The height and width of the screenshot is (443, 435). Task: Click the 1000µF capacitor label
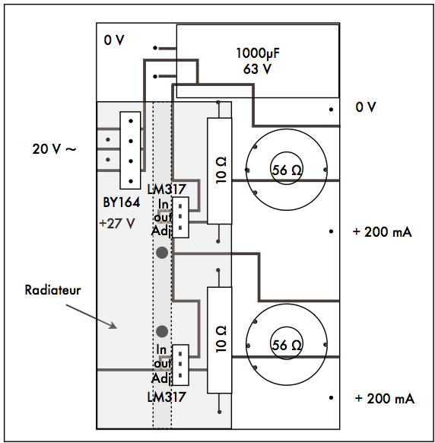coord(258,53)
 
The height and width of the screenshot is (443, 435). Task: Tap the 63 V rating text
coord(258,69)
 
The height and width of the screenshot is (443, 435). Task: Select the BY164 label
coord(122,202)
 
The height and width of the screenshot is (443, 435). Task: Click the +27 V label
coord(117,224)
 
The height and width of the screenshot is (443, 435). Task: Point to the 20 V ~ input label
coord(54,149)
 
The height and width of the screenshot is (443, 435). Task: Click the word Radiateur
coord(52,290)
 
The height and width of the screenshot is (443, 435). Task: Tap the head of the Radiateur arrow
coord(116,328)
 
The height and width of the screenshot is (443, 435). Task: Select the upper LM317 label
coord(167,190)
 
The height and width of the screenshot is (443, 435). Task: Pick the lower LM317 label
coord(167,397)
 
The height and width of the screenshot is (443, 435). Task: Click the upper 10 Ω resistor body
coord(220,171)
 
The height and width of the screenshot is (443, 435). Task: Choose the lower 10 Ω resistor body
coord(220,340)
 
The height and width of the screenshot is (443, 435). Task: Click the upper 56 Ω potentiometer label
coord(287,170)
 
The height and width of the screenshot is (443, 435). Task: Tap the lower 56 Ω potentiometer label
coord(287,345)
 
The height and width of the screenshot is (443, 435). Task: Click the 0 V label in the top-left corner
coord(114,40)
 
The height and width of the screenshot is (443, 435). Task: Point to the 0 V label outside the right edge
coord(366,107)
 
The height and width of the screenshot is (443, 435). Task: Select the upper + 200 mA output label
coord(383,232)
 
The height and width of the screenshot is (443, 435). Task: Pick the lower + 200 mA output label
coord(385,399)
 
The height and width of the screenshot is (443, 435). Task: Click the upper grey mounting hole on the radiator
coord(162,253)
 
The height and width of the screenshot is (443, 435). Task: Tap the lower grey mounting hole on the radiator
coord(162,331)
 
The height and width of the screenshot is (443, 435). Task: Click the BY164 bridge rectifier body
coord(130,150)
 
